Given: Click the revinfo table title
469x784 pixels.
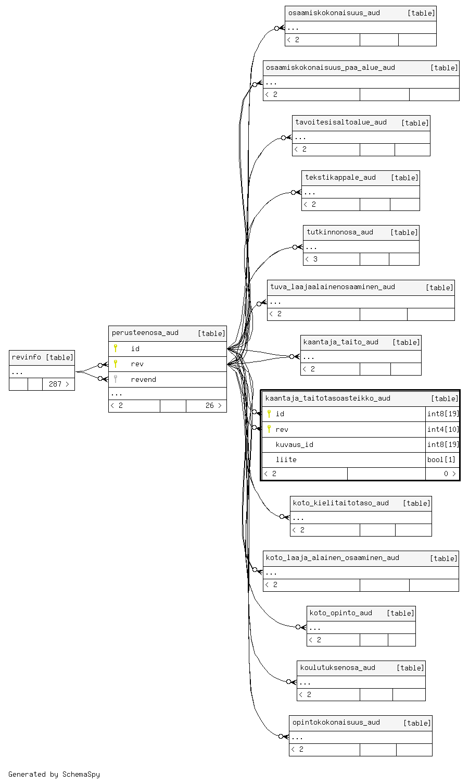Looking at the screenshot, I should [27, 357].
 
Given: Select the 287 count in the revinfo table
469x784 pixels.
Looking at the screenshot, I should [55, 384].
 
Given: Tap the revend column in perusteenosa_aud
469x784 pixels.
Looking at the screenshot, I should [143, 379].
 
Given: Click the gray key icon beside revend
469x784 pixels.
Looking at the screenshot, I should [116, 379].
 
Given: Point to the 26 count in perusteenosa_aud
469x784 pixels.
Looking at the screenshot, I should [209, 405].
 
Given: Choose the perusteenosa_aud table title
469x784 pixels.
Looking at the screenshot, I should [145, 333].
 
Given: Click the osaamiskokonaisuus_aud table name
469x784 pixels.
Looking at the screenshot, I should [334, 13].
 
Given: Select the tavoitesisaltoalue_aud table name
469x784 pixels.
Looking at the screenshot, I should [340, 122].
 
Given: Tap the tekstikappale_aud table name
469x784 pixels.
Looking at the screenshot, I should [340, 178].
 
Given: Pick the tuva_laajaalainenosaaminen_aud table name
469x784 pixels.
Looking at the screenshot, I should [332, 287].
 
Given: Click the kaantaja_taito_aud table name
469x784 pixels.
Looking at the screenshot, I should [340, 342].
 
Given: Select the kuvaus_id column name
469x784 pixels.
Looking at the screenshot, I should [294, 444].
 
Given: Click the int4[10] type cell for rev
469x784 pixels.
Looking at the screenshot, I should [442, 429].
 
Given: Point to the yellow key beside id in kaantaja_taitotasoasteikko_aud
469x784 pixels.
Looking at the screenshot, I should [269, 414].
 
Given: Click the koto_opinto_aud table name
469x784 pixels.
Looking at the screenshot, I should [340, 613].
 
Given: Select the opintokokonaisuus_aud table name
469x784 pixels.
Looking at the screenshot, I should [336, 723].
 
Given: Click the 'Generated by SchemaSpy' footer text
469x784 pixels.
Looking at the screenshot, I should [54, 774].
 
